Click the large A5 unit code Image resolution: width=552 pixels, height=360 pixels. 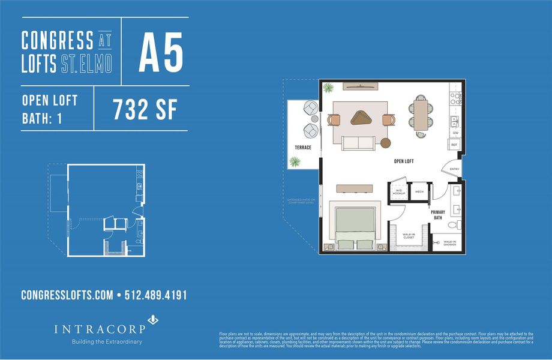(160, 53)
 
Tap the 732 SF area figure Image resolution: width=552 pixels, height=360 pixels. (145, 110)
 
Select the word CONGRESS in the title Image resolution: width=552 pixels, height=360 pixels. (58, 41)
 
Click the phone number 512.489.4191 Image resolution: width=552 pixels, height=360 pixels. (155, 295)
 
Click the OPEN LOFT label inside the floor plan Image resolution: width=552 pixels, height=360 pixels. (404, 161)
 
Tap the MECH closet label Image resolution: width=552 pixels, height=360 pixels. (419, 191)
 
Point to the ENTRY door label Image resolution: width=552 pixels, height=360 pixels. (454, 169)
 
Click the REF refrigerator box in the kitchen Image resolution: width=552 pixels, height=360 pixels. (454, 144)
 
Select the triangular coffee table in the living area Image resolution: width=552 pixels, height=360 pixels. (362, 117)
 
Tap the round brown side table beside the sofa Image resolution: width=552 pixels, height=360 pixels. (386, 143)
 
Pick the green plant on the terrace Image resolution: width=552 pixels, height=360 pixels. (295, 161)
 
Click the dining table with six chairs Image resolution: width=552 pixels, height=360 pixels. (421, 115)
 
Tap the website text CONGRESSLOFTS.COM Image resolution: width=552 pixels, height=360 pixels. (67, 295)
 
